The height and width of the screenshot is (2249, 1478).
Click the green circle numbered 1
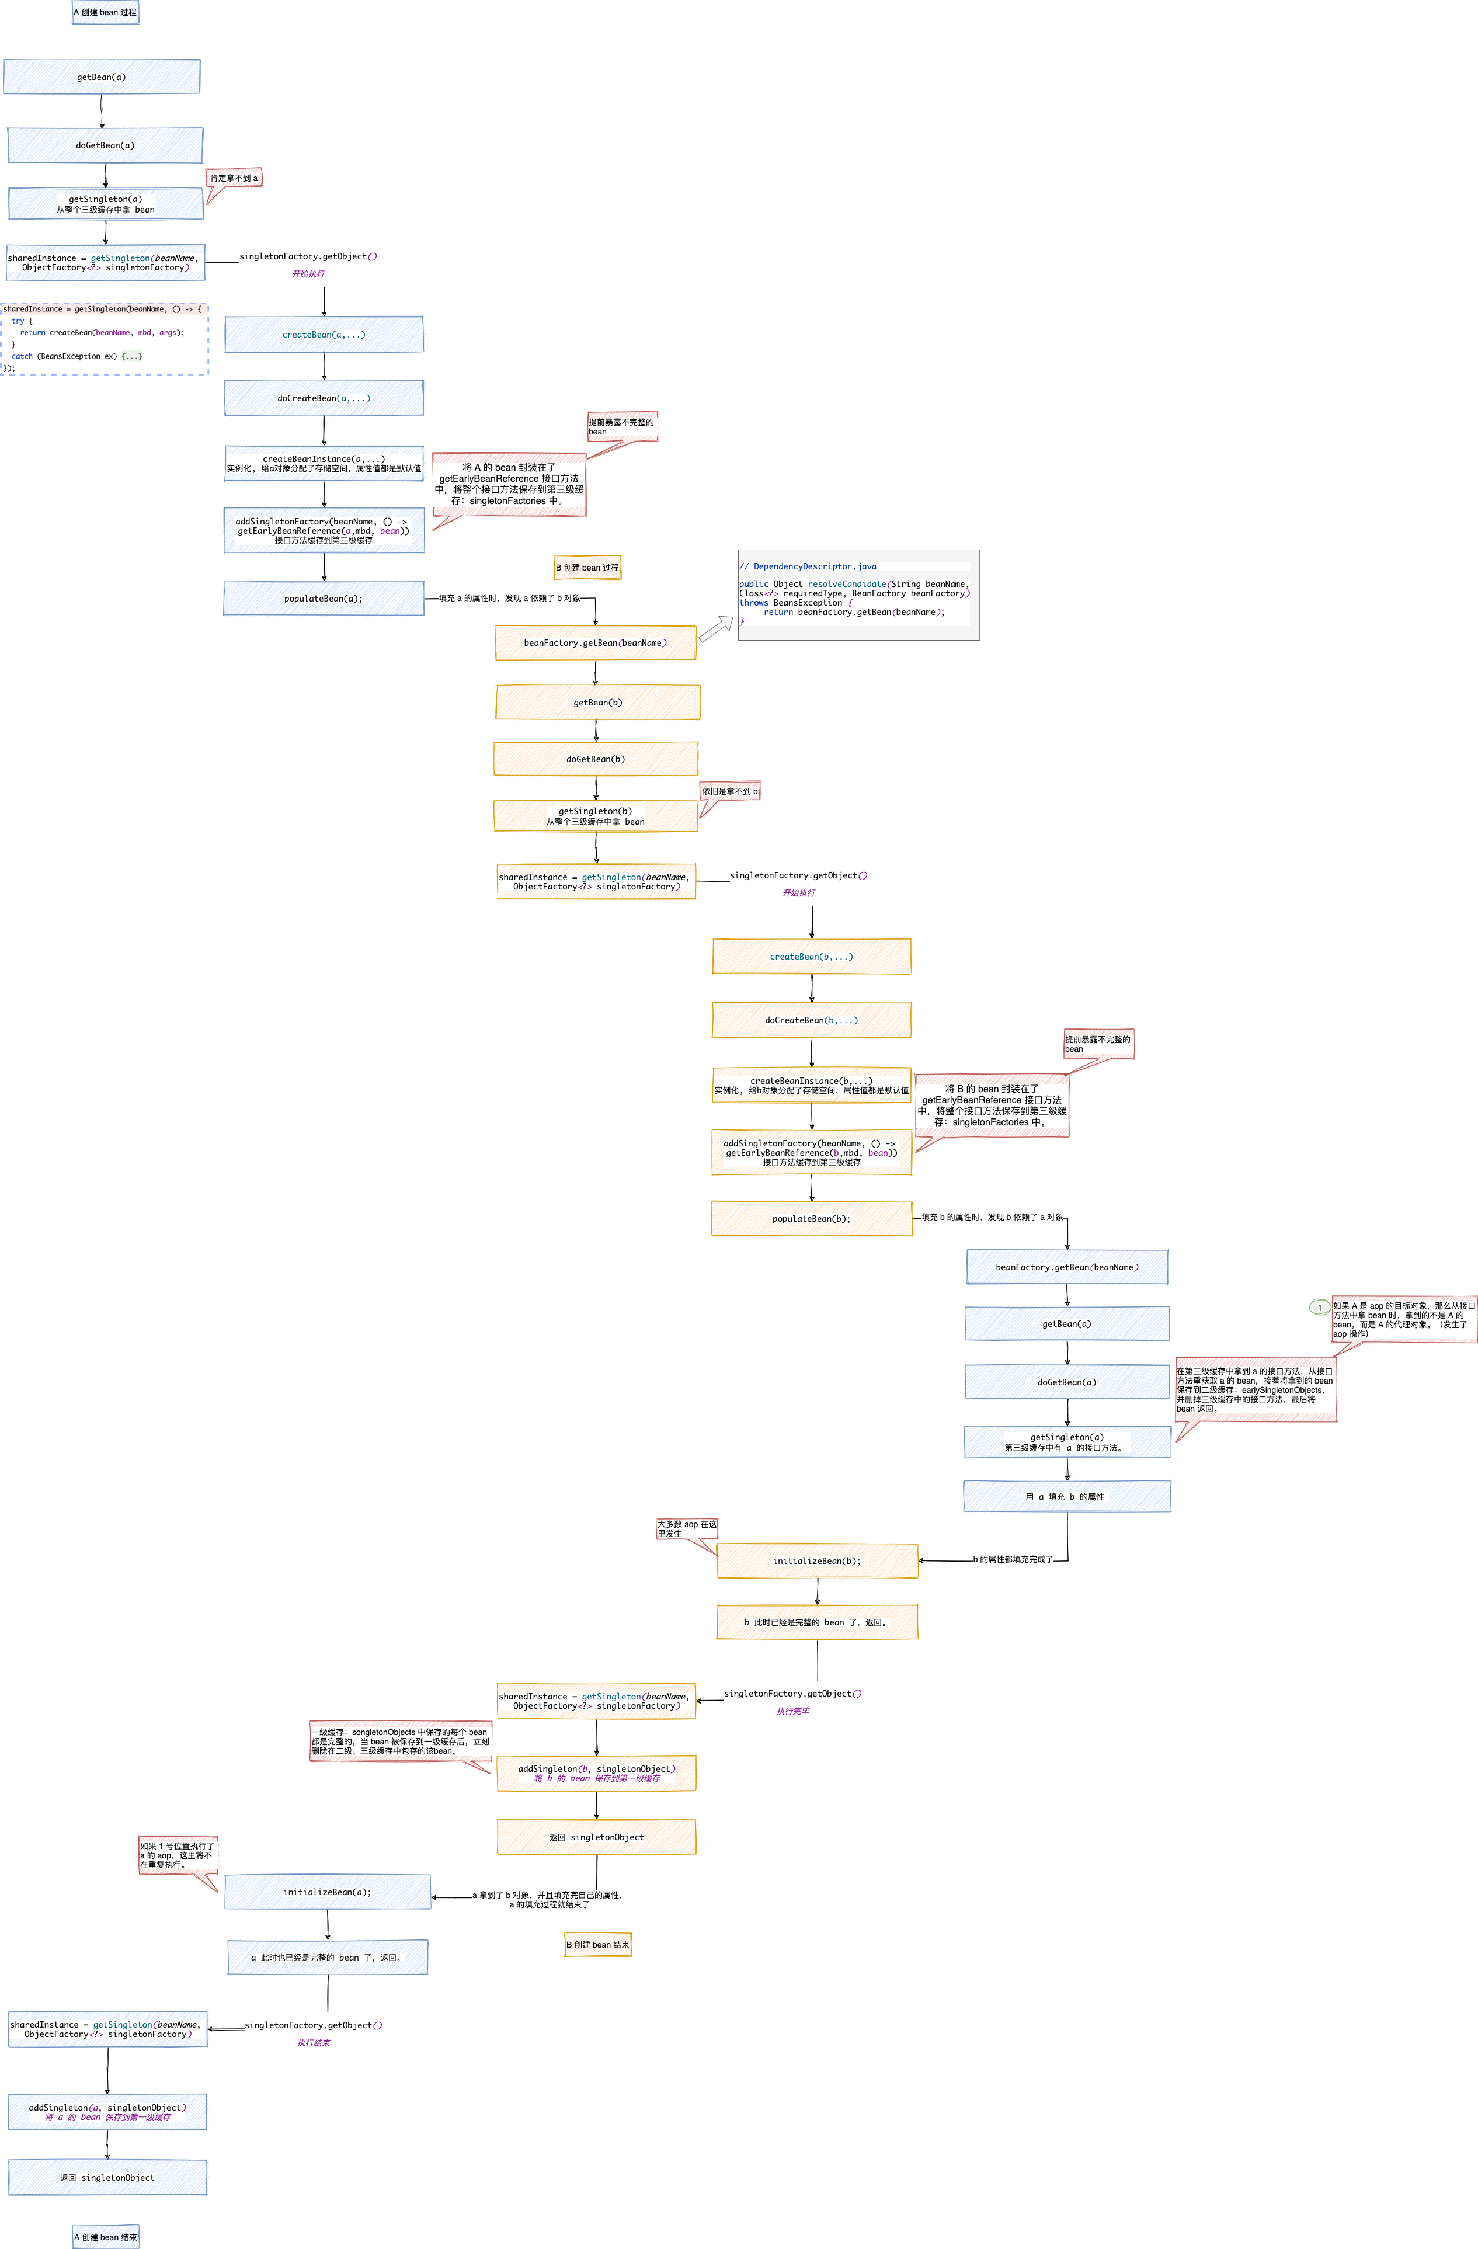coord(1319,1307)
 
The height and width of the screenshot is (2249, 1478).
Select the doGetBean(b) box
coord(596,759)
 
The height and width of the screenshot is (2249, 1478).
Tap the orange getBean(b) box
coord(597,702)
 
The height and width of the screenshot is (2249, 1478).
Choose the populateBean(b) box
coord(812,1219)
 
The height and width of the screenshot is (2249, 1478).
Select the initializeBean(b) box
coord(816,1561)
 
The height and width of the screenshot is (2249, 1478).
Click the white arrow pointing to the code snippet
coord(715,628)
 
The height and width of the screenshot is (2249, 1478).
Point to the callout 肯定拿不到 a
coord(234,178)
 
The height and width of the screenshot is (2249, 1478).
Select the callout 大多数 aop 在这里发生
coord(687,1528)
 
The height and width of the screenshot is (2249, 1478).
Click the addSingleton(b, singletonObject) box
coord(596,1772)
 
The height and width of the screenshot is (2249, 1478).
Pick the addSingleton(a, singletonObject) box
coord(107,2112)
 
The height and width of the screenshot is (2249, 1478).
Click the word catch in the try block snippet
coord(22,356)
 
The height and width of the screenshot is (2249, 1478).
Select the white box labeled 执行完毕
coord(792,1702)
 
